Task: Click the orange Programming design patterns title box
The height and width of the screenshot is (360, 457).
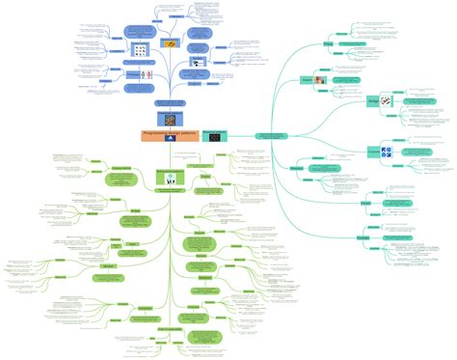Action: click(x=170, y=136)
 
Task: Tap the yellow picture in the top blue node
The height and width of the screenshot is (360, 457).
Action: click(x=171, y=43)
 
